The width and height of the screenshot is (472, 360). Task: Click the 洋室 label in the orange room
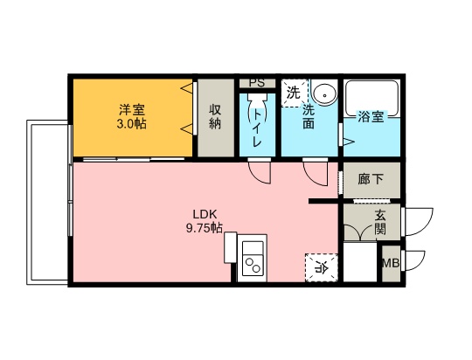click(x=132, y=110)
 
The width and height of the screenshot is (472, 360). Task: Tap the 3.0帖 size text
click(x=132, y=124)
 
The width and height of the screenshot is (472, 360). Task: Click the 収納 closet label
click(x=215, y=117)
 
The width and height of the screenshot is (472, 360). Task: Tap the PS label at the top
click(x=256, y=83)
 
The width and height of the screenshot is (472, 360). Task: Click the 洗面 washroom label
click(x=309, y=117)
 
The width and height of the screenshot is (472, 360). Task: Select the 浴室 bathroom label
click(x=371, y=117)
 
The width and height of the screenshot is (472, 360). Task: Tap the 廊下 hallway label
click(x=371, y=179)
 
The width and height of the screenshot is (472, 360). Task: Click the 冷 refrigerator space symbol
click(x=320, y=267)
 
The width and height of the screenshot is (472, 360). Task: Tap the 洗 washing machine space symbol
click(x=294, y=92)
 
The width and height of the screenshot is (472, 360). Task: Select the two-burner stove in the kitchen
click(x=254, y=261)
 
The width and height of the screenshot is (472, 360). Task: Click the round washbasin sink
click(x=323, y=93)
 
